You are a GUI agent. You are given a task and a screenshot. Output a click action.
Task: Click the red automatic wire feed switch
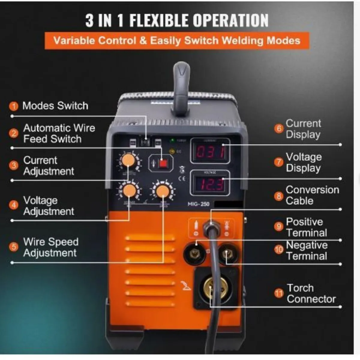pos(163,163)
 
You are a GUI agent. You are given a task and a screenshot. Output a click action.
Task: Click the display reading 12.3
pos(211,184)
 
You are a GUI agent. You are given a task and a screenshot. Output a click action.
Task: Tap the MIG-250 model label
pos(198,204)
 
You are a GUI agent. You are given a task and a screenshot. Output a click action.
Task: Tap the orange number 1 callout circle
pos(13,106)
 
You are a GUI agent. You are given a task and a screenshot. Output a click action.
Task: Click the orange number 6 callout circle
pos(279,129)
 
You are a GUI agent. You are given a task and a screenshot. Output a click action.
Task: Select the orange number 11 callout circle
pos(279,293)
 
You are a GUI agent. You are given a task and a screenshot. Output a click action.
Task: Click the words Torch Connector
pos(311,293)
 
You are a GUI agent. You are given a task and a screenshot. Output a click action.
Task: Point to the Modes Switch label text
pos(55,106)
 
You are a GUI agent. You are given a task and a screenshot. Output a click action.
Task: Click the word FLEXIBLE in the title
pos(159,20)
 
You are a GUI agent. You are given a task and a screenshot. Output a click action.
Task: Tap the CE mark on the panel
pos(182,179)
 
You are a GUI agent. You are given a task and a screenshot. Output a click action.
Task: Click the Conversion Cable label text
pos(312,195)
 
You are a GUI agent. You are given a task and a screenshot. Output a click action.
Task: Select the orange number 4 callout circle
pos(13,205)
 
